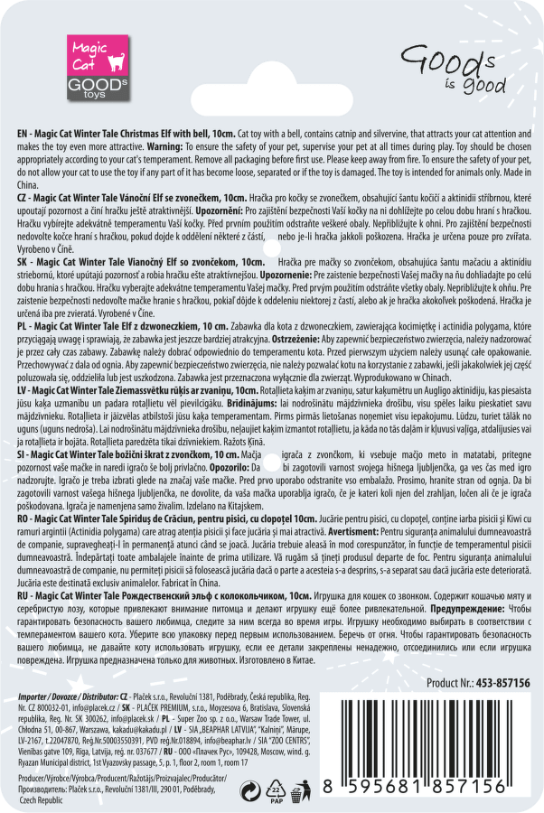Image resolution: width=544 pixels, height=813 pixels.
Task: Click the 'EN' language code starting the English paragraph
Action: coord(24,132)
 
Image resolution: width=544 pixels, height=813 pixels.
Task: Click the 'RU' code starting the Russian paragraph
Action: coord(24,596)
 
